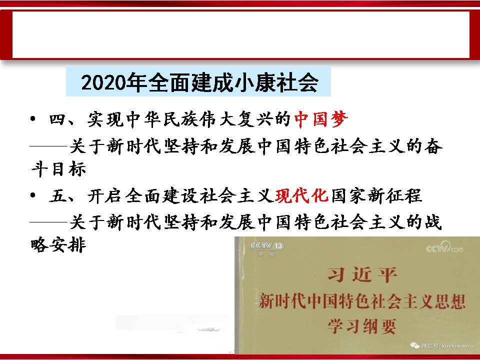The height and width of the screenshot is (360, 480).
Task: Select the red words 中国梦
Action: pos(321,119)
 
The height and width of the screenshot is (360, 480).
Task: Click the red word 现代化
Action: pos(302,195)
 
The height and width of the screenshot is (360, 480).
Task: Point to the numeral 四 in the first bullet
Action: pos(58,119)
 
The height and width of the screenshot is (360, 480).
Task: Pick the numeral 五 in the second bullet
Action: pos(58,195)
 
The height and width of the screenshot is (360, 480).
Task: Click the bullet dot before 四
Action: pos(33,119)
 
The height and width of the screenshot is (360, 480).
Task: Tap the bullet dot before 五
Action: pos(33,195)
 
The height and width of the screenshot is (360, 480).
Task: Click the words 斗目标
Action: pos(58,169)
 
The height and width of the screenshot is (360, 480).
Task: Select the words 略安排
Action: pos(58,245)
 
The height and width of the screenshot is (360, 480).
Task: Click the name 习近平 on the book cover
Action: pos(362,274)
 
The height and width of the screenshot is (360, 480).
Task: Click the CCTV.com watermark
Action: pos(444,247)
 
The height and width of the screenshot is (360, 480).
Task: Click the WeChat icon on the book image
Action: pos(415,345)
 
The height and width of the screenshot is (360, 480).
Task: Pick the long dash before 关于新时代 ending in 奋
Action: pos(48,146)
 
